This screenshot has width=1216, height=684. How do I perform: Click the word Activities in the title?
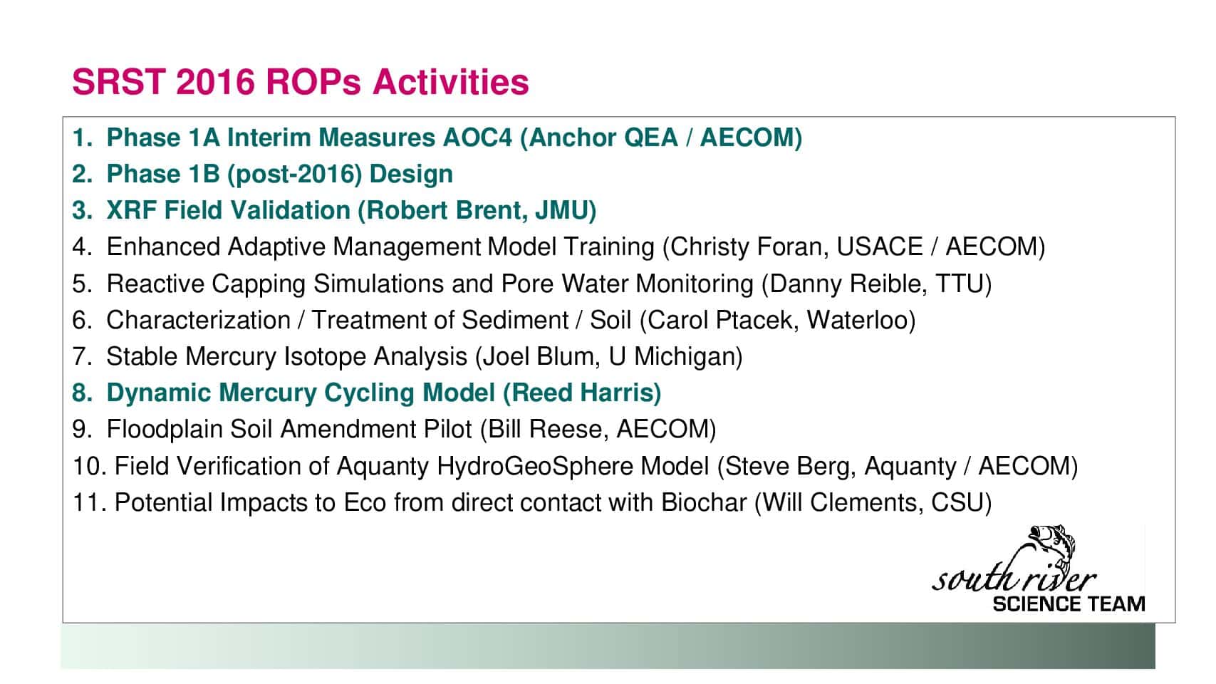[x=451, y=82]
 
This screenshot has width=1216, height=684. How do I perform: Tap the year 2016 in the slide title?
[x=216, y=82]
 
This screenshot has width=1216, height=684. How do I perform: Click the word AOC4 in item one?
[x=477, y=138]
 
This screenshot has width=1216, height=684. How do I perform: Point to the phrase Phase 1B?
[x=163, y=175]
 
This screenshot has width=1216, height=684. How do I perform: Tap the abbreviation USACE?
[x=880, y=247]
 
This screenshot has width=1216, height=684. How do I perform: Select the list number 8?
[x=80, y=393]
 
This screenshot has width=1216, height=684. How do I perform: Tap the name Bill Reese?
[x=545, y=430]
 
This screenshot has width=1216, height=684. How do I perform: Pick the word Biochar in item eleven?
[x=704, y=503]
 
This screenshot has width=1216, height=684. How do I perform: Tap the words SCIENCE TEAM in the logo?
[x=1069, y=604]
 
